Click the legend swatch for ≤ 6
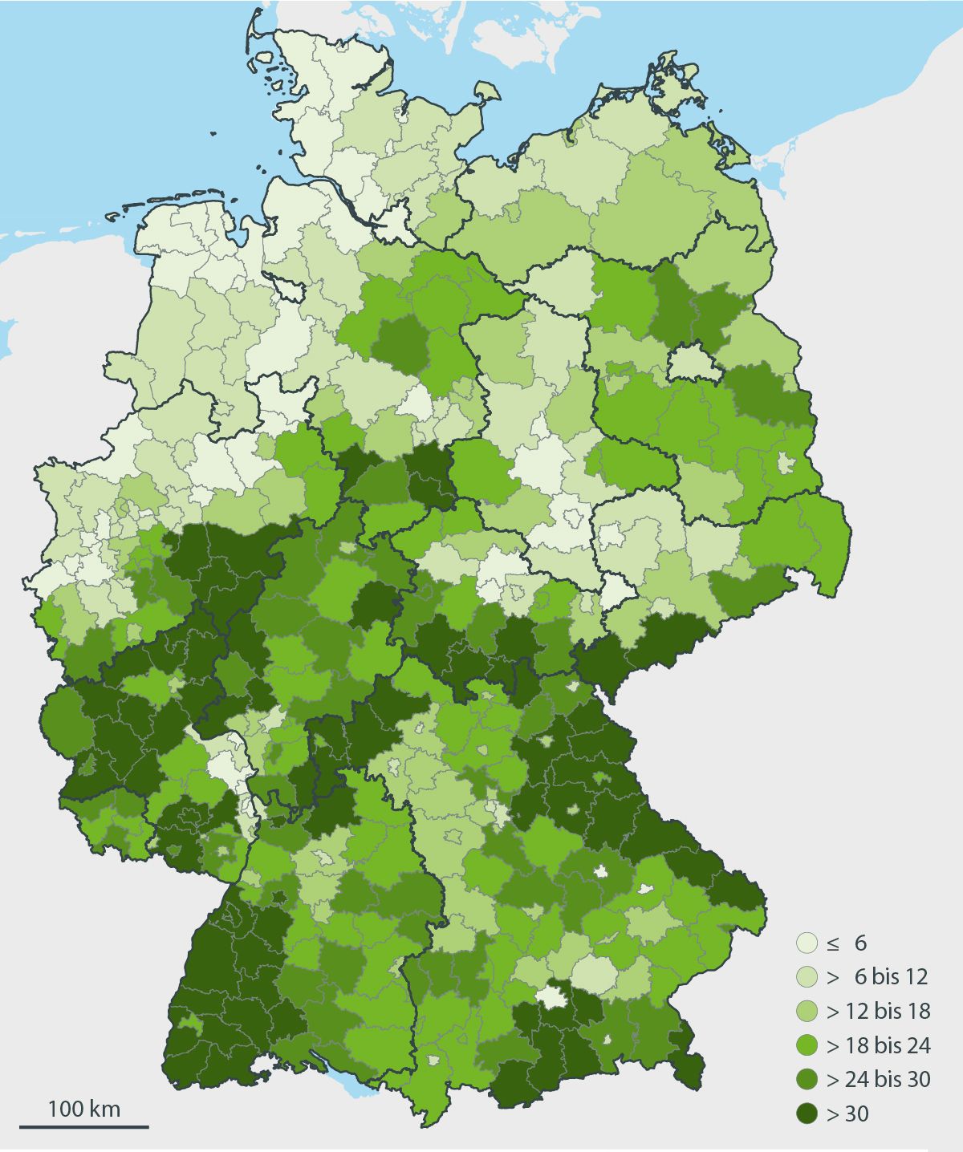tap(807, 943)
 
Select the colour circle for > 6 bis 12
tap(807, 976)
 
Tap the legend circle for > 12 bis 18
tap(807, 1011)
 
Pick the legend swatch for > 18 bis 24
tap(807, 1045)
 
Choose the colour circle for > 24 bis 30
tap(807, 1080)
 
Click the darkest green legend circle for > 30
tap(807, 1113)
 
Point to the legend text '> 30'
tap(847, 1113)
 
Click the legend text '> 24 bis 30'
tap(878, 1080)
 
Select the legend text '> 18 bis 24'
tap(878, 1045)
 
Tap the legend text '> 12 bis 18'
tap(878, 1011)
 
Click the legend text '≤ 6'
tap(847, 943)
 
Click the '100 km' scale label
tap(83, 1109)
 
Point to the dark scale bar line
tap(83, 1126)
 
